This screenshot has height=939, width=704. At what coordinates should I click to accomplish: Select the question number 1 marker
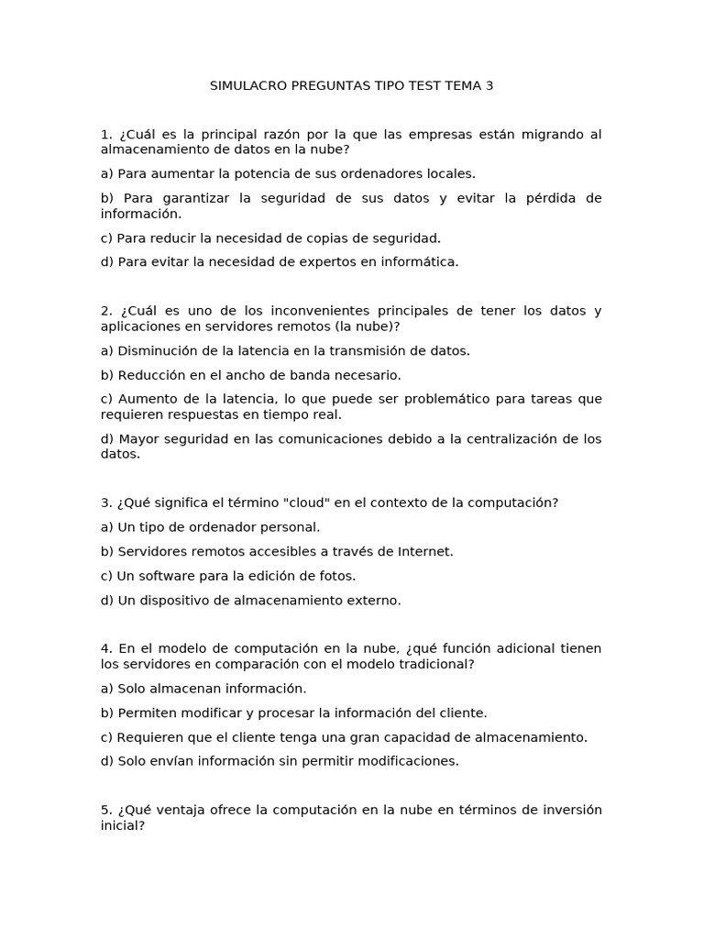tap(105, 134)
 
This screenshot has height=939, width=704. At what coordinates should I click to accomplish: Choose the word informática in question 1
tap(416, 261)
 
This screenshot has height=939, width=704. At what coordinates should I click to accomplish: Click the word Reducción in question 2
tap(149, 374)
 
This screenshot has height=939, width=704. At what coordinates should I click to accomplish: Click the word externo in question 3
tap(375, 601)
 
